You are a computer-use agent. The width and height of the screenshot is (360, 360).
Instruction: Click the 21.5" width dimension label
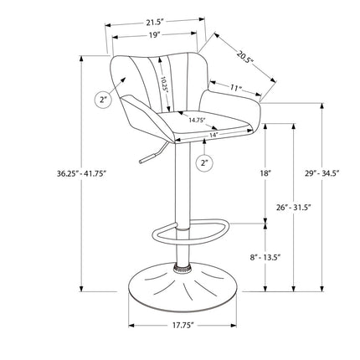(x=155, y=23)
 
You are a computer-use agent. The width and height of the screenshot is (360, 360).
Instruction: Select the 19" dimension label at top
(x=154, y=35)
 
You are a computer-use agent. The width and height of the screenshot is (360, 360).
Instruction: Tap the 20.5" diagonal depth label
(x=244, y=58)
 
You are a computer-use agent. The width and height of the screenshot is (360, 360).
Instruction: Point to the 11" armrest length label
(x=236, y=88)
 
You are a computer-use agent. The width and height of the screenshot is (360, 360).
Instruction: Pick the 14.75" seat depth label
(x=197, y=121)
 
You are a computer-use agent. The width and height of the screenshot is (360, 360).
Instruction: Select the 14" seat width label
(x=213, y=135)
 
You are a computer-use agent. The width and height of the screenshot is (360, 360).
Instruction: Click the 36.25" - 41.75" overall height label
(x=82, y=173)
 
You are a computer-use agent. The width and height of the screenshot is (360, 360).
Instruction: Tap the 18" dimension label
(x=265, y=173)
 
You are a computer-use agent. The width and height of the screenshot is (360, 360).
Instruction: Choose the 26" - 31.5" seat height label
(x=293, y=208)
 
